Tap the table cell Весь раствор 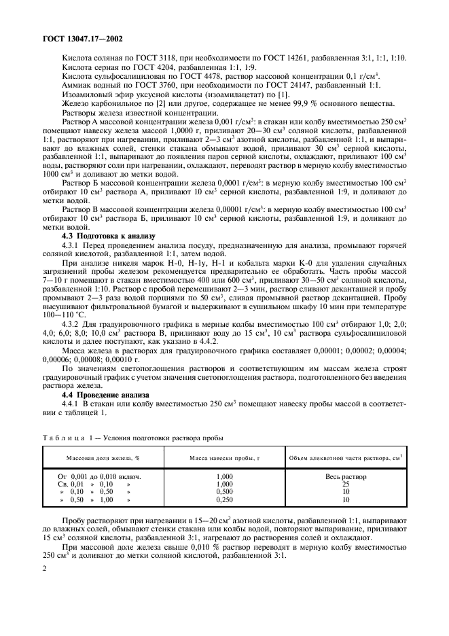point(345,476)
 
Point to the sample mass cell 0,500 point(225,491)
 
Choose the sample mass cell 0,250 point(225,499)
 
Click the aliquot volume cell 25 point(345,484)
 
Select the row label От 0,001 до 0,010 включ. point(100,476)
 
